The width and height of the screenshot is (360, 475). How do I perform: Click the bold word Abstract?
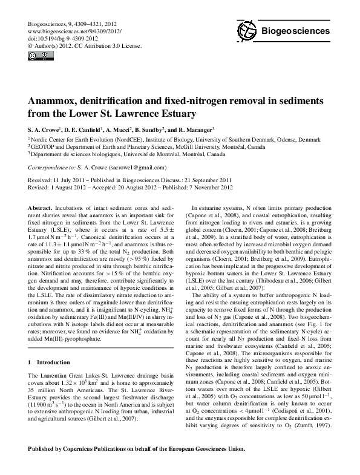point(41,207)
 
